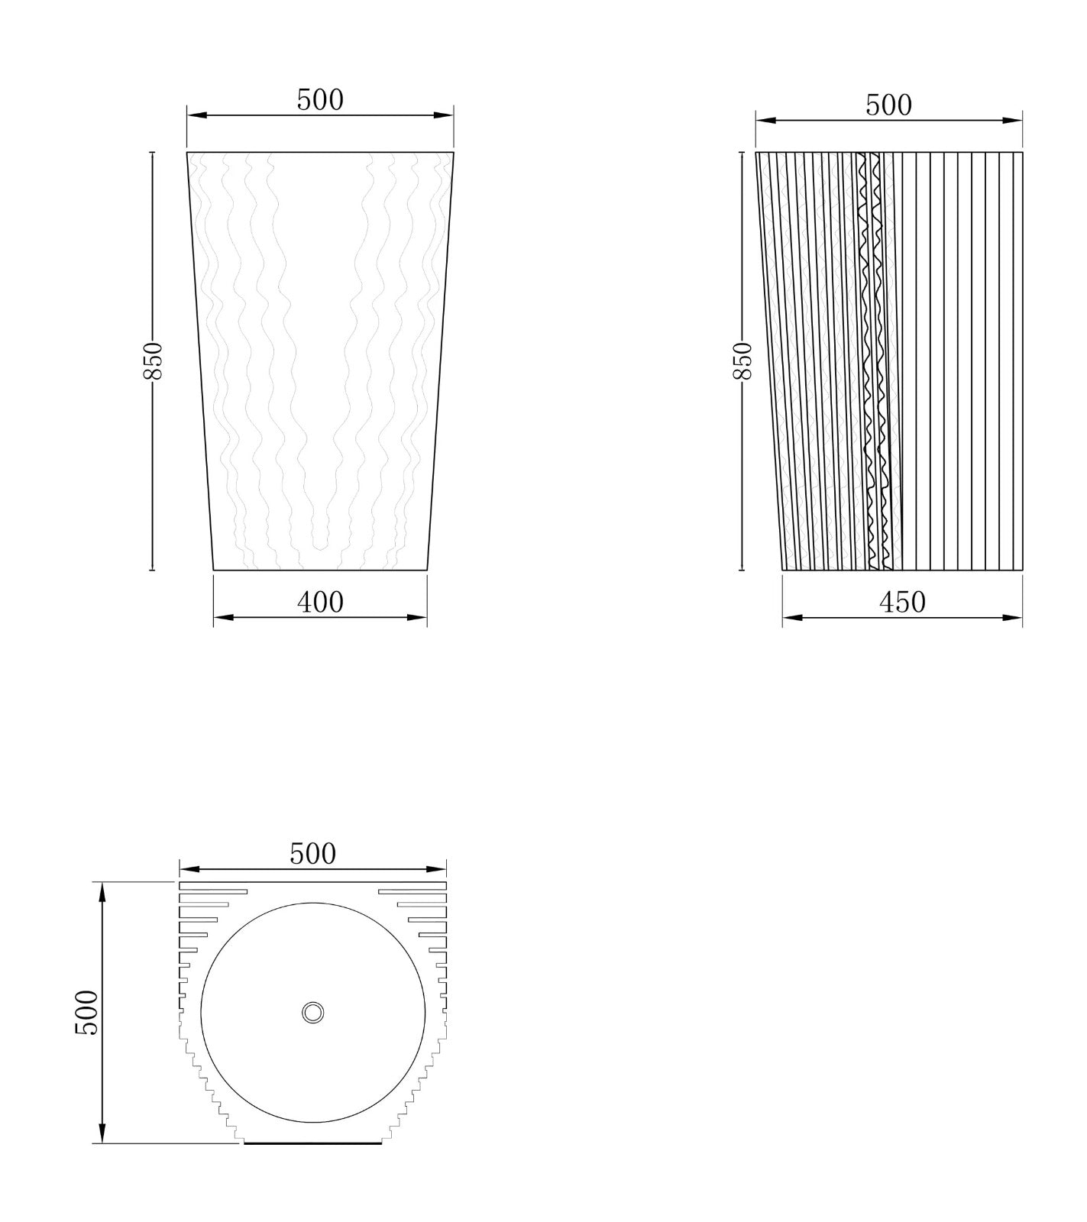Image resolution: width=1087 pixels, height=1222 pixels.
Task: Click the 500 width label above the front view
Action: pyautogui.click(x=320, y=100)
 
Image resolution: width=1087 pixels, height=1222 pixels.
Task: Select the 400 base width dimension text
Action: pyautogui.click(x=320, y=602)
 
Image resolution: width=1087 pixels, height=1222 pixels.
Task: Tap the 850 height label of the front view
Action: pyautogui.click(x=152, y=360)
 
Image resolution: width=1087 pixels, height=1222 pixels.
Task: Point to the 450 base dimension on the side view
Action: pyautogui.click(x=902, y=602)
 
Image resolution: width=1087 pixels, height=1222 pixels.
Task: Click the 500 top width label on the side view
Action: pyautogui.click(x=888, y=105)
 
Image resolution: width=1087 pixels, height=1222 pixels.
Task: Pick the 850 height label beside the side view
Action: pyautogui.click(x=742, y=360)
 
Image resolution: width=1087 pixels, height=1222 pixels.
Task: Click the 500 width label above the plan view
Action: pyautogui.click(x=312, y=853)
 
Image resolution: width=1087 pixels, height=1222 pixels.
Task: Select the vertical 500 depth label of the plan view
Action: pyautogui.click(x=86, y=1013)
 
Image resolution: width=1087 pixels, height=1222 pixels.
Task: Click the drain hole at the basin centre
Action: pyautogui.click(x=312, y=1013)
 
